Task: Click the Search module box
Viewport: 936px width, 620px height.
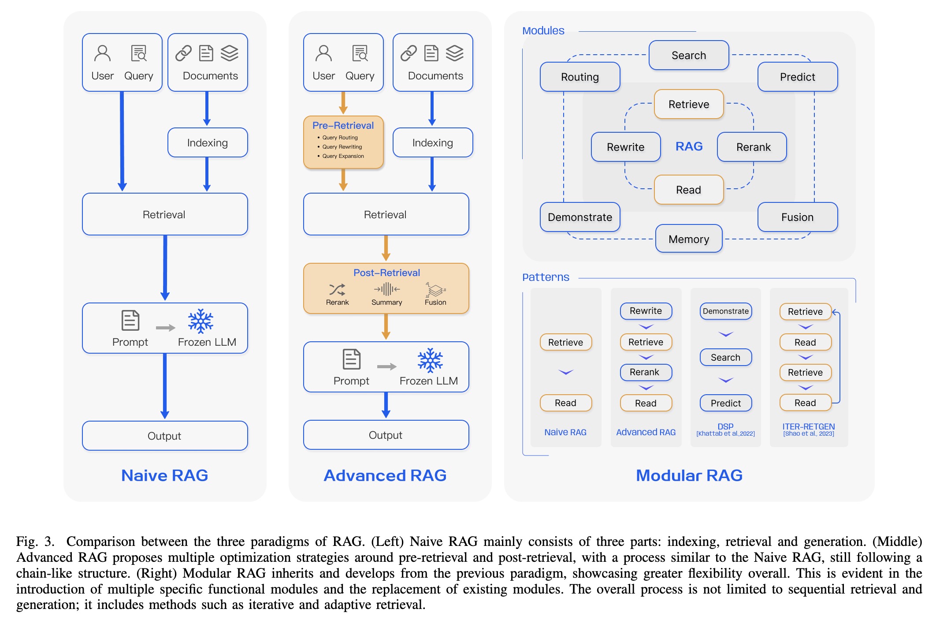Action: point(688,56)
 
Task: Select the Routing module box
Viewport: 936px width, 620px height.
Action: point(579,77)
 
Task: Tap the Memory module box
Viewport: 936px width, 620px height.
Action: point(688,239)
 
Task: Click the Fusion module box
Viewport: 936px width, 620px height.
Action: point(797,217)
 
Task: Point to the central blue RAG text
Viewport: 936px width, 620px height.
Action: point(689,146)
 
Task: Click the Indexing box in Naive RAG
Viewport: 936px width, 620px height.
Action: point(207,143)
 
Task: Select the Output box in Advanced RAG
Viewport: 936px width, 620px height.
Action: point(386,435)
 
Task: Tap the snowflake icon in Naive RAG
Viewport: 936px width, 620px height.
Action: point(201,321)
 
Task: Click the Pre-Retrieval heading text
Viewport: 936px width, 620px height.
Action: point(343,126)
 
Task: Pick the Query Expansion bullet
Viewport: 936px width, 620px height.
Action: point(343,156)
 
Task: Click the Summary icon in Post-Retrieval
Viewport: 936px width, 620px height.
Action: point(386,290)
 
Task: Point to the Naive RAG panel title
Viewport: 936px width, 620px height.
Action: point(164,475)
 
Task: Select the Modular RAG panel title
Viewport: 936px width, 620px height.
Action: point(689,475)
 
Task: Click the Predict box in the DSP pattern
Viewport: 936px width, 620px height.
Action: point(725,403)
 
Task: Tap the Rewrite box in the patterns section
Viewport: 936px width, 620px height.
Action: point(646,311)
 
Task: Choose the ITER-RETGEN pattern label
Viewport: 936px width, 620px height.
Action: point(808,426)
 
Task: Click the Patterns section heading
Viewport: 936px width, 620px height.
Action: point(546,277)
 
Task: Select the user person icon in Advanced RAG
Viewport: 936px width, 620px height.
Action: point(323,54)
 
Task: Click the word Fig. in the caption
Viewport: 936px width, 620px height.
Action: point(27,541)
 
